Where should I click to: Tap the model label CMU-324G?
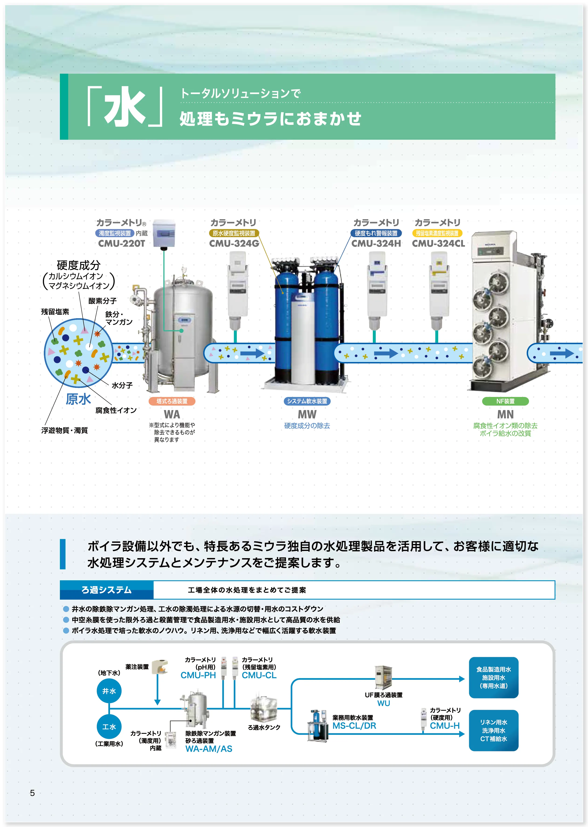point(234,244)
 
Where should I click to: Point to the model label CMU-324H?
point(376,244)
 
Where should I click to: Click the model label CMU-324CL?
point(438,244)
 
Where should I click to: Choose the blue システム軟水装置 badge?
point(307,401)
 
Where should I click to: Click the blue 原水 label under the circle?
point(78,399)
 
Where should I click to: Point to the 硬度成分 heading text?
point(79,265)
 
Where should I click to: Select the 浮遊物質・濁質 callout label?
point(65,430)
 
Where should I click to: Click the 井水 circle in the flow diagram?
point(109,691)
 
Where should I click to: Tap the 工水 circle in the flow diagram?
point(109,727)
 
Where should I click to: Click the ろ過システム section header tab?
point(107,590)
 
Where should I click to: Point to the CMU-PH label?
point(198,675)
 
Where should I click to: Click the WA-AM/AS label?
point(209,749)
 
